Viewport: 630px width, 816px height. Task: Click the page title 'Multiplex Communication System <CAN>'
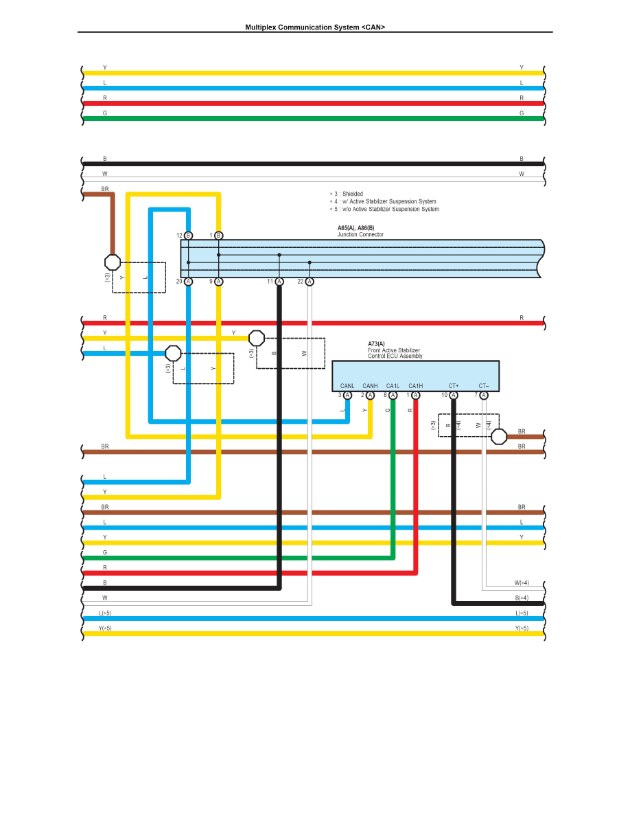(x=315, y=27)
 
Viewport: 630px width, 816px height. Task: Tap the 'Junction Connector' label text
(x=360, y=235)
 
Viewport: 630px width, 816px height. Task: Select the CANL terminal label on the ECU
(x=347, y=386)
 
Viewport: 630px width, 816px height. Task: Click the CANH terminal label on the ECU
(x=370, y=386)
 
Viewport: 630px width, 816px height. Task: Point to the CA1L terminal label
(x=393, y=386)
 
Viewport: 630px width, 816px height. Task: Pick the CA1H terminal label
(x=415, y=386)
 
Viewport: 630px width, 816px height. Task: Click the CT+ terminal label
(x=453, y=386)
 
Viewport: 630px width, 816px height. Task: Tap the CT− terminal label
(x=484, y=386)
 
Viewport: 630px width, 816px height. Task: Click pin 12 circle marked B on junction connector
(x=189, y=236)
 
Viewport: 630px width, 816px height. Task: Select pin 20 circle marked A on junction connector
(x=189, y=282)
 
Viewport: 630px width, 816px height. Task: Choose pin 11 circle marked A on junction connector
(x=279, y=282)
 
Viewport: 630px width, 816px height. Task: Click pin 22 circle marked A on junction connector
(x=310, y=282)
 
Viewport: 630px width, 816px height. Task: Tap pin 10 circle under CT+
(x=454, y=395)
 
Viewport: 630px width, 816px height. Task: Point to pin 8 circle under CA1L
(x=393, y=395)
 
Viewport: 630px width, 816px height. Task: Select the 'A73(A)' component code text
(x=377, y=343)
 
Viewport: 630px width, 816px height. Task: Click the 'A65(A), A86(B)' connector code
(x=355, y=228)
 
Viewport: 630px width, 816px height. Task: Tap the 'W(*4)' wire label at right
(x=522, y=582)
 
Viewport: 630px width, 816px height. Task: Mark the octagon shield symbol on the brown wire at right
(x=500, y=436)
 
